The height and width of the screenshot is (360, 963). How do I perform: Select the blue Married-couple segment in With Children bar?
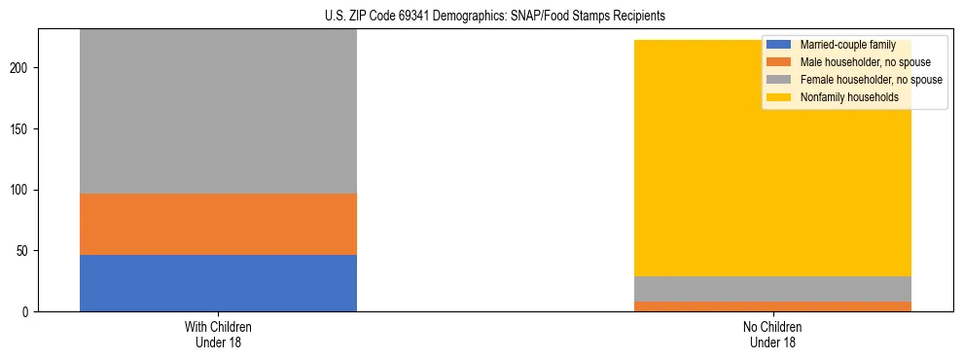218,283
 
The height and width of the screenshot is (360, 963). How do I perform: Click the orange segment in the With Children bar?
218,224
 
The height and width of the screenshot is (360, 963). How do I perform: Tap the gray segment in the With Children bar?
218,111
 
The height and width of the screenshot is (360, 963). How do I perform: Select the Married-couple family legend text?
847,45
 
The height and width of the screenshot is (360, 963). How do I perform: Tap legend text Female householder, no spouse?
871,80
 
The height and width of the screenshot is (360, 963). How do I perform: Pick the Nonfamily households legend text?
849,97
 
